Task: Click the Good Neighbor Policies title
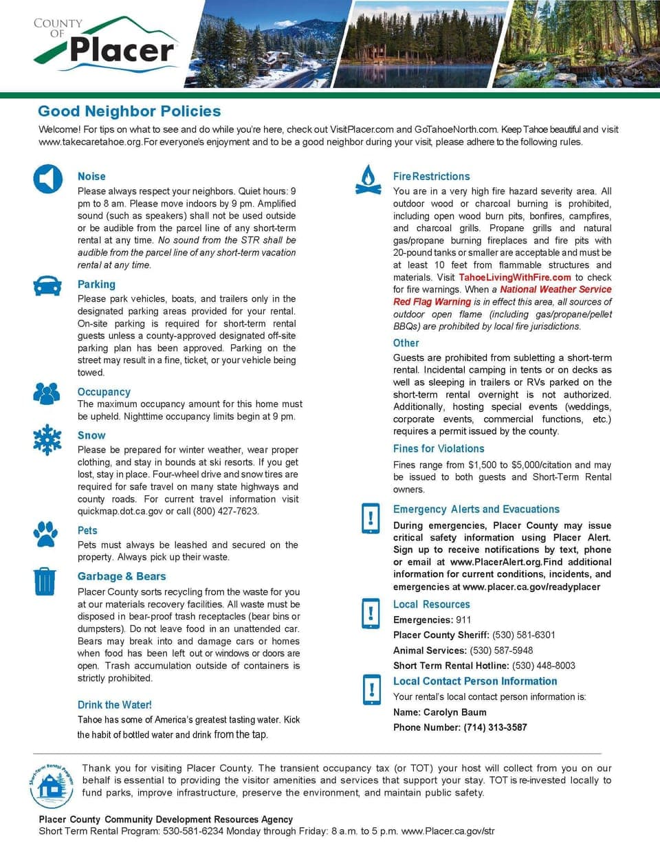(129, 111)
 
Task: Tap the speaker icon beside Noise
(47, 179)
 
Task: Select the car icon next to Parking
(47, 285)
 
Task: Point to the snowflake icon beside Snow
(47, 440)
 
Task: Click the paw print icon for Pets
(46, 534)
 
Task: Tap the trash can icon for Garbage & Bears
(45, 581)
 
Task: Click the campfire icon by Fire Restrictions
(368, 180)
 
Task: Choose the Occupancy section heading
(104, 392)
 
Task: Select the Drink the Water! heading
(114, 705)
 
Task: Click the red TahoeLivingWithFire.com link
(515, 277)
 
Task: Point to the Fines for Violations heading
(439, 448)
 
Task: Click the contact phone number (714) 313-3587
(495, 727)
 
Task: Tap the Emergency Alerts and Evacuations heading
(476, 510)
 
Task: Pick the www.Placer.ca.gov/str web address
(448, 831)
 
